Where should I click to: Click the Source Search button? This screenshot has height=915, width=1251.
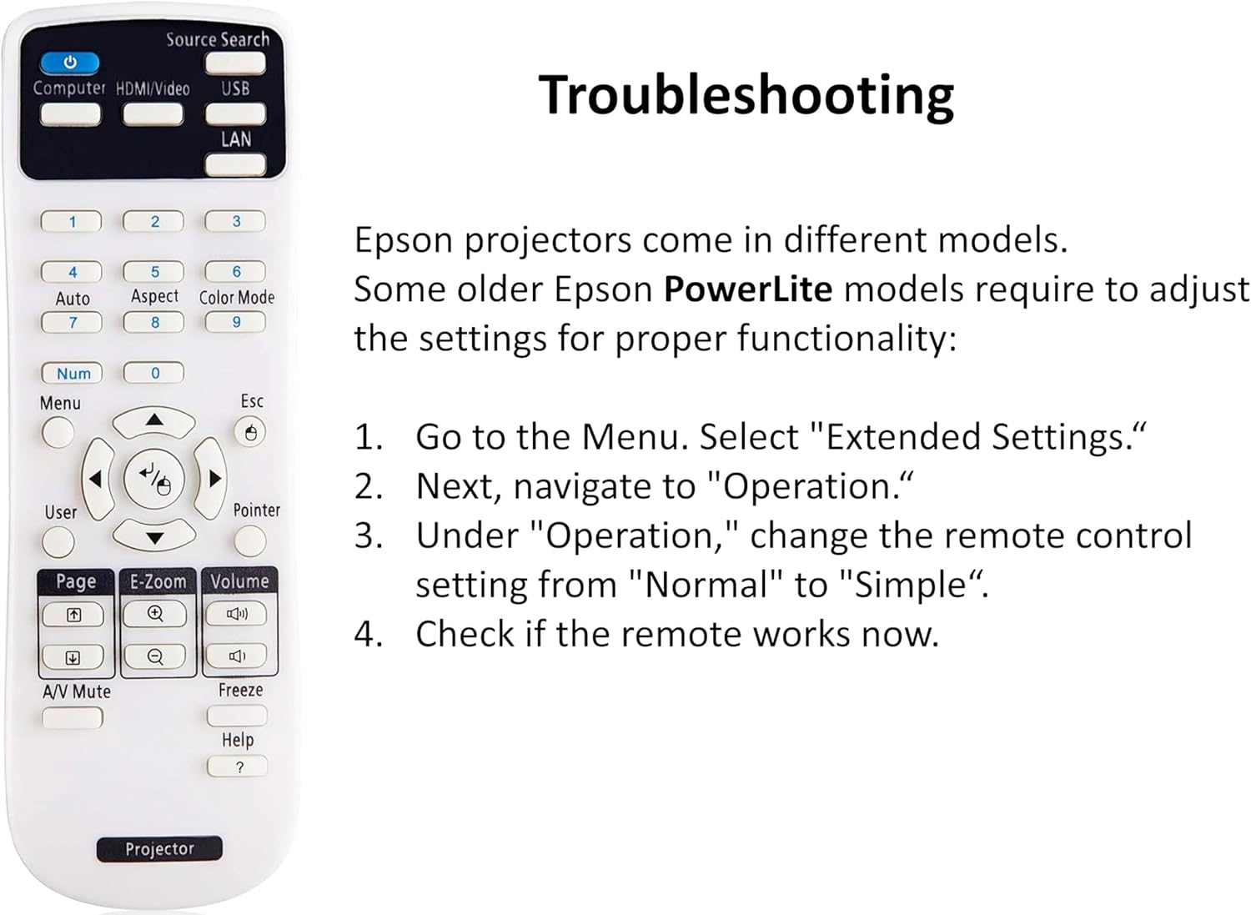(x=235, y=63)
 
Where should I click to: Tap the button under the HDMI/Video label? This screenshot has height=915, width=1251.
(x=153, y=114)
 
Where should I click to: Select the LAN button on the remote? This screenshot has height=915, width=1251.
(x=235, y=165)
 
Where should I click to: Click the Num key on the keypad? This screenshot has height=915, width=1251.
(x=72, y=373)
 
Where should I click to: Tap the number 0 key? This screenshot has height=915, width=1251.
(x=153, y=373)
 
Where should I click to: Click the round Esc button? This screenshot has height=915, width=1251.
(x=249, y=432)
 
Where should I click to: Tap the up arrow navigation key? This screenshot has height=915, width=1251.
(x=154, y=422)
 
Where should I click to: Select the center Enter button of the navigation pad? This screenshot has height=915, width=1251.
(x=154, y=479)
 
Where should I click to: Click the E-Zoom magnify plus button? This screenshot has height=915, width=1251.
(x=154, y=614)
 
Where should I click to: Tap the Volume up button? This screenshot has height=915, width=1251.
(x=237, y=614)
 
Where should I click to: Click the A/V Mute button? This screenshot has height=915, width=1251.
(x=73, y=717)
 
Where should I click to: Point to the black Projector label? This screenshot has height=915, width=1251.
(x=160, y=849)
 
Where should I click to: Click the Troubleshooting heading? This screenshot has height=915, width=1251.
(x=746, y=96)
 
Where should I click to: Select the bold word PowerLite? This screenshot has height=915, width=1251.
(x=748, y=289)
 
